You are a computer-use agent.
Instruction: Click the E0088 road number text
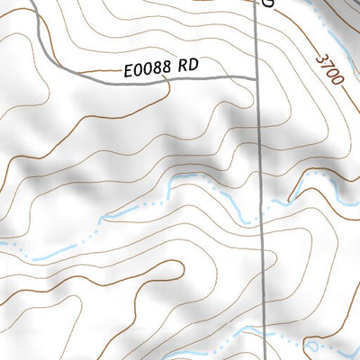coord(146,68)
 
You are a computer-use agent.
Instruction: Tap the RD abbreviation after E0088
coord(187,66)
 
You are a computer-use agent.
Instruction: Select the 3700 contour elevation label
coord(330,69)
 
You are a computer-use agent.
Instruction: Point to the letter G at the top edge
coord(266,4)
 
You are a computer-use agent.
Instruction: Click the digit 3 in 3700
coord(321,58)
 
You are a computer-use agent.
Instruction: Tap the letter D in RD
coord(193,66)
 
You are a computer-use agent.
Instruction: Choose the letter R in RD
coord(182,66)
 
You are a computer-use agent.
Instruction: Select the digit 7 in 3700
coord(327,65)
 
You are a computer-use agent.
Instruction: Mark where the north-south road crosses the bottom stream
coord(266,329)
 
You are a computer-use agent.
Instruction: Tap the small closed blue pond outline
coord(312,345)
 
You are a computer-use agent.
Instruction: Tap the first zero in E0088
coord(137,69)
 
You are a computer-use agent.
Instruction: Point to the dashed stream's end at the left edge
coord(3,244)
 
